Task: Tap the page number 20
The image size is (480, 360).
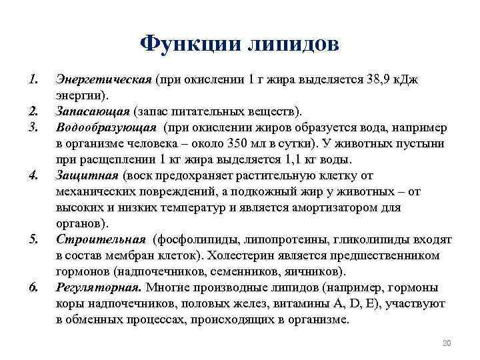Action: pos(447,343)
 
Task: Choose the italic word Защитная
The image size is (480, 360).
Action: pos(87,175)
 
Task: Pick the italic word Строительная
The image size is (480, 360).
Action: pos(101,239)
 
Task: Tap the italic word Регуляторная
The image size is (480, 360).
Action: pos(99,287)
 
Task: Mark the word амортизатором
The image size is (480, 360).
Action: pos(331,207)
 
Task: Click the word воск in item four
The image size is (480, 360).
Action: pos(138,175)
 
